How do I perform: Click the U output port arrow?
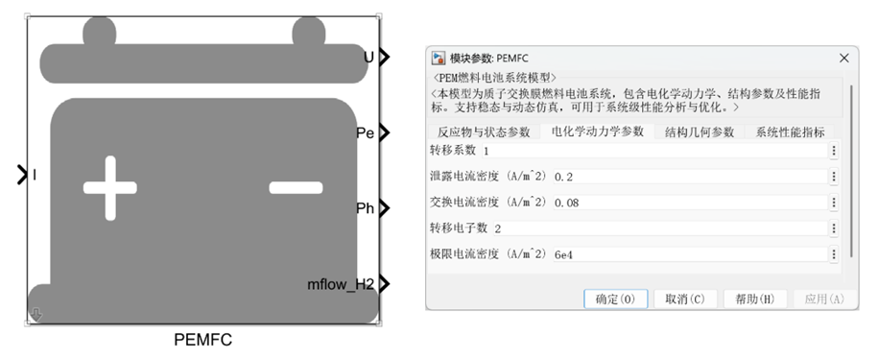tap(384, 57)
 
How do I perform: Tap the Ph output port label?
tap(365, 208)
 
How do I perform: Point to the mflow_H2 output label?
tap(341, 284)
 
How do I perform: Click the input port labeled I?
tap(22, 175)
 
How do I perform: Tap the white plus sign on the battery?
tap(110, 187)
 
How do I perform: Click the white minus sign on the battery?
tap(296, 187)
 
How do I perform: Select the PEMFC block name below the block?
tap(202, 340)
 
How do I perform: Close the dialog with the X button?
tap(843, 59)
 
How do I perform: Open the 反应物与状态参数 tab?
tap(484, 132)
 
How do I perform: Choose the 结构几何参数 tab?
tap(700, 132)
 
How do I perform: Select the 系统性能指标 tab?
tap(790, 132)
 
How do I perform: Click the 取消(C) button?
tap(685, 299)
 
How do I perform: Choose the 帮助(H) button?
tap(755, 299)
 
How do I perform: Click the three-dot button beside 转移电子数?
tap(834, 228)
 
